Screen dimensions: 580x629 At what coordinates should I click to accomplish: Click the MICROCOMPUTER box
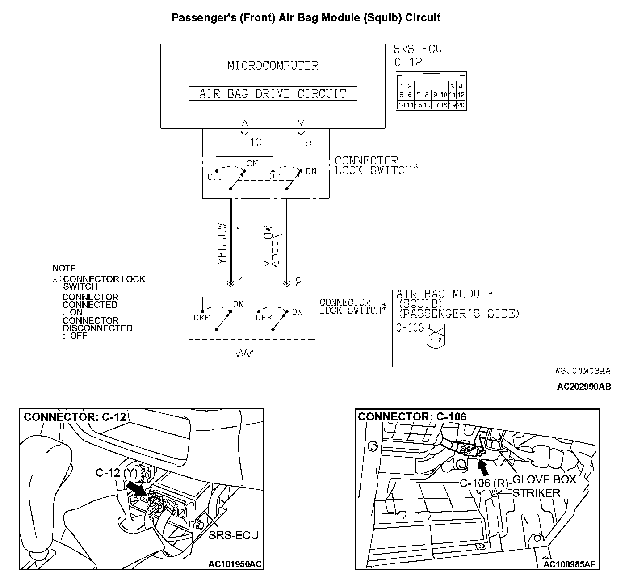[273, 65]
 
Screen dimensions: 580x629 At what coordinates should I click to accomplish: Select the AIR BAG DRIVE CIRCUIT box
[273, 93]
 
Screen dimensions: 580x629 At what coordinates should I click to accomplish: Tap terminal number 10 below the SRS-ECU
[256, 142]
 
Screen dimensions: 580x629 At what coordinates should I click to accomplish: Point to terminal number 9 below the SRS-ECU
[308, 142]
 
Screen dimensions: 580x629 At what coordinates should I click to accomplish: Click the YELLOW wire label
[222, 244]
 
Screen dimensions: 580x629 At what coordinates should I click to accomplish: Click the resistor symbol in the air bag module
[244, 353]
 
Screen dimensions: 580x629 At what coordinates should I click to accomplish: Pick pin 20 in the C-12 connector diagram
[460, 105]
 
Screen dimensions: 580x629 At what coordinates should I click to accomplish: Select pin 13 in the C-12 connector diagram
[401, 105]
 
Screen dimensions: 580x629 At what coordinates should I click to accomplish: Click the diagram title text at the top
[306, 18]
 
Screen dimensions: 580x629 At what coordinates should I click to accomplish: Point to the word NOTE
[64, 269]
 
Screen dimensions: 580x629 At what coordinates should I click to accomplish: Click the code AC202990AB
[583, 387]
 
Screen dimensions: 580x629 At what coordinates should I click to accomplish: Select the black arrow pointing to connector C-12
[136, 488]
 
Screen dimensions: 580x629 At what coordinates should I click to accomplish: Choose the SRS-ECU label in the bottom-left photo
[234, 535]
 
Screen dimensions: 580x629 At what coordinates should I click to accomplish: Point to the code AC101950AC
[235, 564]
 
